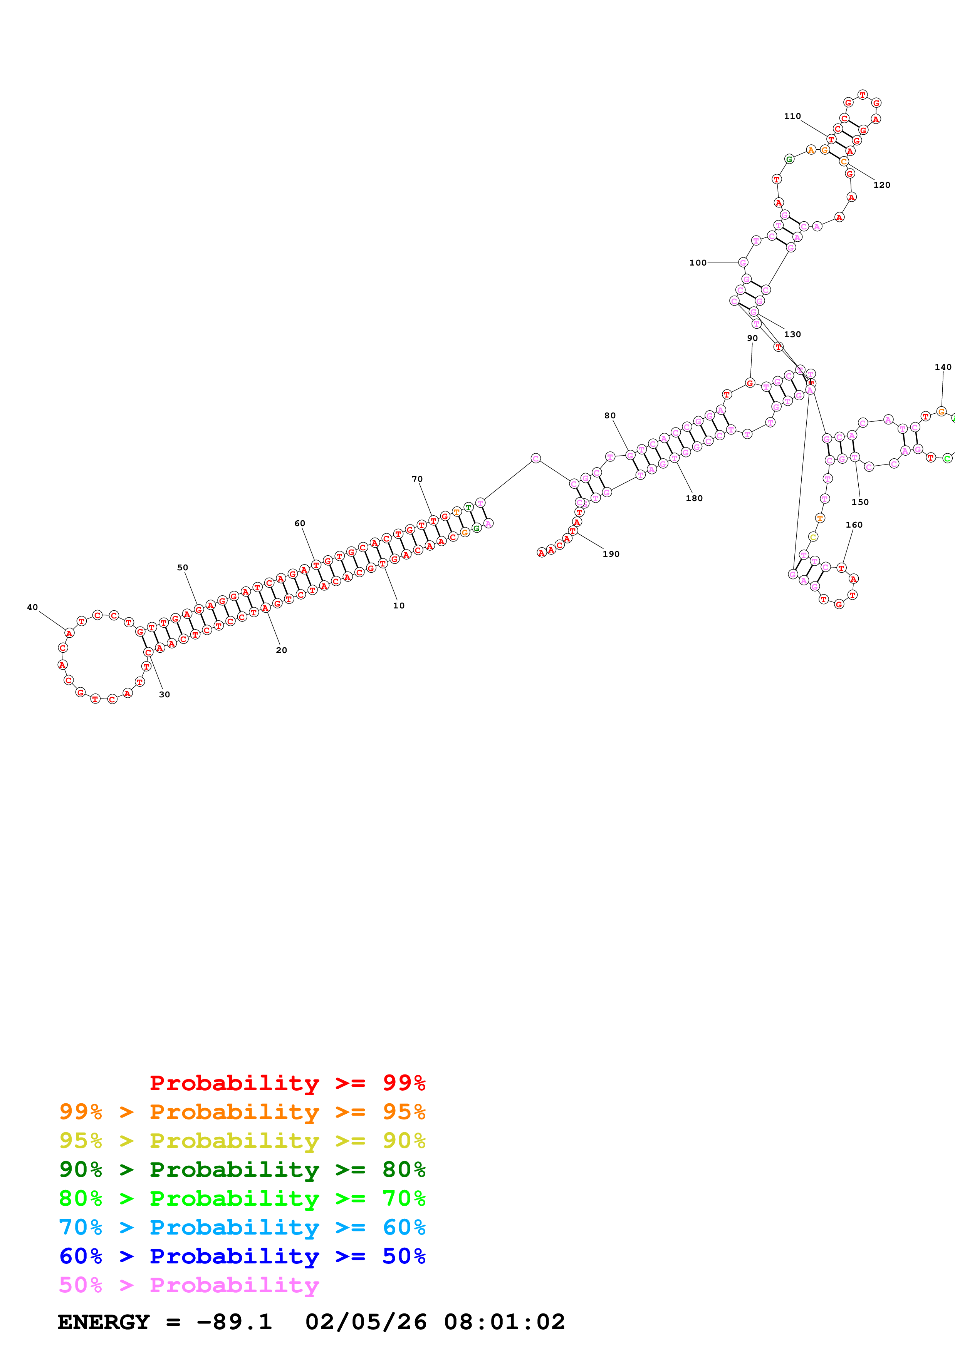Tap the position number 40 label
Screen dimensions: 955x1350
[x=32, y=607]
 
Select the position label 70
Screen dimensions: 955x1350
[x=417, y=479]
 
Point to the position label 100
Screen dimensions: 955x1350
[x=698, y=263]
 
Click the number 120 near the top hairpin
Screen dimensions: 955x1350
[x=881, y=185]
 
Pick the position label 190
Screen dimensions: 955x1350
[x=611, y=554]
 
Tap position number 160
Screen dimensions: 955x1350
[x=854, y=525]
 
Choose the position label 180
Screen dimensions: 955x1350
[x=694, y=498]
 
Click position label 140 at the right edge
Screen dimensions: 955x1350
[x=943, y=367]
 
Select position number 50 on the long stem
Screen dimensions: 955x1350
[x=182, y=567]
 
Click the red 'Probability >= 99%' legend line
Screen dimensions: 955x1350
[x=287, y=1083]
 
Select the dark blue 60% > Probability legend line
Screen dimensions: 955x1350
[x=242, y=1256]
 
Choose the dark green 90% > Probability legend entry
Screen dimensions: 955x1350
[x=242, y=1170]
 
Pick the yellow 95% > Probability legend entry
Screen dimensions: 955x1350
[x=242, y=1141]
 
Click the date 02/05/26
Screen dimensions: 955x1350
[x=366, y=1322]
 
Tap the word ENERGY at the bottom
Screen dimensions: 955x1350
[x=104, y=1322]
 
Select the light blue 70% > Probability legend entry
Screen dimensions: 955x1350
[x=242, y=1227]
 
